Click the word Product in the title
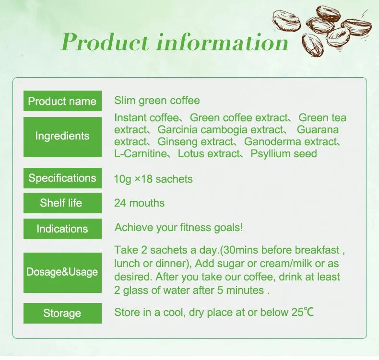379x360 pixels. tap(106, 42)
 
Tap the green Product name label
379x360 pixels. tap(62, 101)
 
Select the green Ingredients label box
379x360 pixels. tap(62, 136)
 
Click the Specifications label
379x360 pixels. tap(62, 178)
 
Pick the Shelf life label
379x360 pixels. tap(62, 203)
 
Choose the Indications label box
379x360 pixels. tap(62, 229)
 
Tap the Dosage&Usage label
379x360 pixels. tap(62, 272)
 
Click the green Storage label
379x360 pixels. tap(62, 314)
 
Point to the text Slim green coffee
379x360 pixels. tap(157, 101)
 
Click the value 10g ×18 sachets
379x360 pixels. tap(153, 179)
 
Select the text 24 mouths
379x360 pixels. tap(139, 203)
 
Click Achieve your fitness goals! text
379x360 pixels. tap(178, 228)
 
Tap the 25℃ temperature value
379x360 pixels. tap(302, 313)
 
